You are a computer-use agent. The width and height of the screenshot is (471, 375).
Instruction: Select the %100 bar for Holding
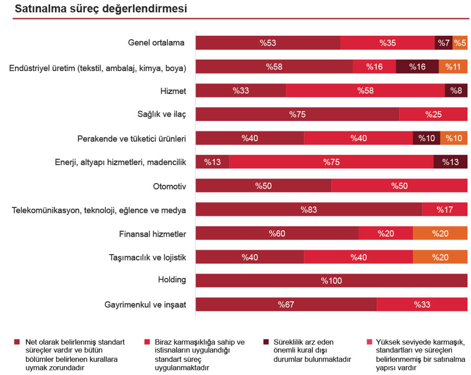click(x=331, y=281)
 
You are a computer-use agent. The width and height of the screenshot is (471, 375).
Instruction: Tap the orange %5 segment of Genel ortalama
click(x=460, y=43)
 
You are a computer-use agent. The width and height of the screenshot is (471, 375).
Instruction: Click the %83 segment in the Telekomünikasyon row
click(x=309, y=209)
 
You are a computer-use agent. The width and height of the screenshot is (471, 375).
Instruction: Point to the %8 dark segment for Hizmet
click(x=456, y=91)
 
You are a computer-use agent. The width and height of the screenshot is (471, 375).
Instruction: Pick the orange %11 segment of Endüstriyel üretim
click(x=453, y=67)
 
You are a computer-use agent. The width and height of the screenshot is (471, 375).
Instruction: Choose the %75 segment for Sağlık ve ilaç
click(x=297, y=114)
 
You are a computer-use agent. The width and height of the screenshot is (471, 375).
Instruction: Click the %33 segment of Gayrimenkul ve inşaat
click(x=422, y=304)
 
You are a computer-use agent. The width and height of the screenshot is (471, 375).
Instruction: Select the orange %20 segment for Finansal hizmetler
click(x=440, y=233)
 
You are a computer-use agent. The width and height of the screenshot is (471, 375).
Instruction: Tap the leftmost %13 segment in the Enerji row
click(x=212, y=162)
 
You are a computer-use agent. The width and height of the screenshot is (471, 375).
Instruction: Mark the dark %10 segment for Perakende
click(x=426, y=138)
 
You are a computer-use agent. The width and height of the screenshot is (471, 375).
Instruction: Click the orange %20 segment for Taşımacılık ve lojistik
click(x=440, y=257)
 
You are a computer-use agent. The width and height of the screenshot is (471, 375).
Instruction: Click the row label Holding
click(x=172, y=280)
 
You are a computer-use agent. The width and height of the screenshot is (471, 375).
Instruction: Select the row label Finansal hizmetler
click(x=153, y=234)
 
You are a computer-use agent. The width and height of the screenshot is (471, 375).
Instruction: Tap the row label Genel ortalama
click(x=156, y=43)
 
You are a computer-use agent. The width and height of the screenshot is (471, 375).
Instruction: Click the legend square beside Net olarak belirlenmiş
click(x=17, y=342)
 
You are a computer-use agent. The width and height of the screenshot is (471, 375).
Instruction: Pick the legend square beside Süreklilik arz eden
click(x=266, y=342)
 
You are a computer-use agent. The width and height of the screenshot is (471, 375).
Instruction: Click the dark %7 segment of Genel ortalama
click(x=443, y=43)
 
